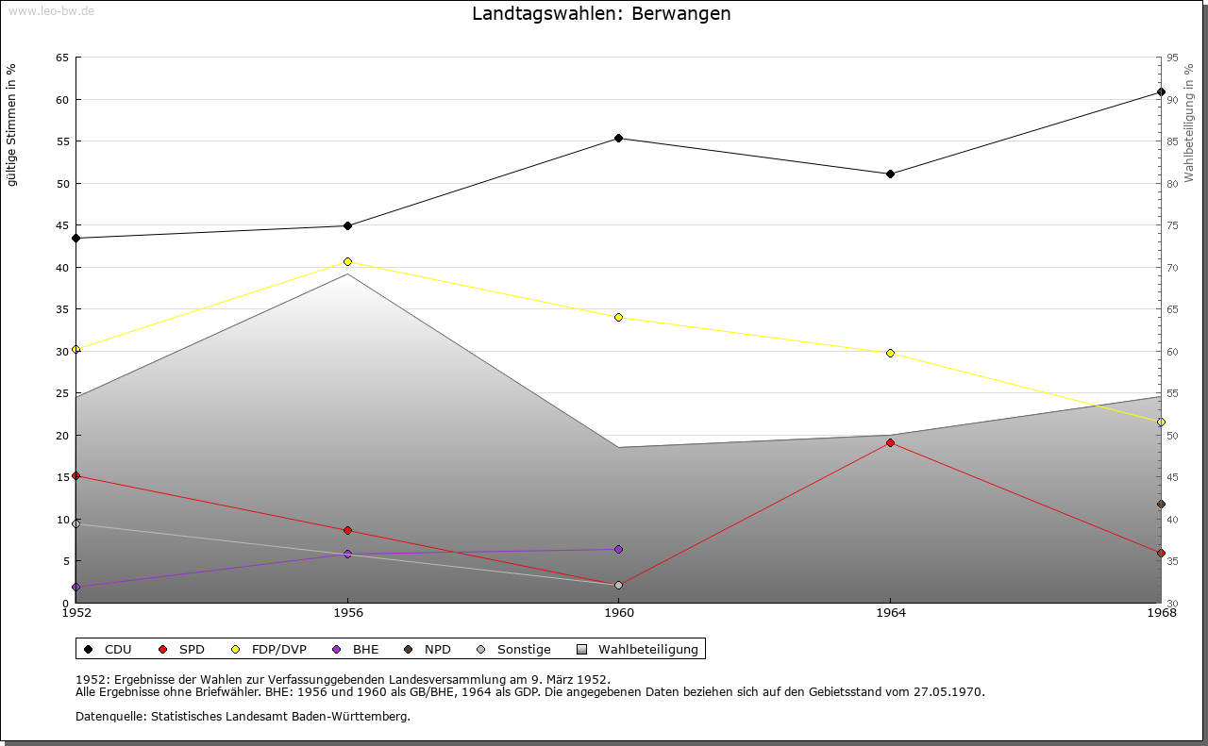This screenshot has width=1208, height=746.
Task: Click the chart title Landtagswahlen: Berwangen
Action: [601, 14]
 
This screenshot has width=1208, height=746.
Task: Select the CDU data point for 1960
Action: [619, 139]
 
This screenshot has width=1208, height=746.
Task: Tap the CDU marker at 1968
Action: [1161, 92]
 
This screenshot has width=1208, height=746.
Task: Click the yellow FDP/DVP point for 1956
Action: [347, 262]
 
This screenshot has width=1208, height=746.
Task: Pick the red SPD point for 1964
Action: [890, 443]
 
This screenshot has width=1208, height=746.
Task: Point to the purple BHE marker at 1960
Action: [619, 550]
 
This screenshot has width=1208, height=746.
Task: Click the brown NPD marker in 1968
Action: [1161, 505]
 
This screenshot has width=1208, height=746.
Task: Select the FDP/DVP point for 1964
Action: [890, 354]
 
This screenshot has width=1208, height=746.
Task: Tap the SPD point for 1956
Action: [347, 531]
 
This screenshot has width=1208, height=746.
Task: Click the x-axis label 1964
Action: [890, 614]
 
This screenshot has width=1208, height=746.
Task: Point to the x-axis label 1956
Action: [347, 614]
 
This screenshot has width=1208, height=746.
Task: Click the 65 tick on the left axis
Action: [62, 58]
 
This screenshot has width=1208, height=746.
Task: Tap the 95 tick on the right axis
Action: [1172, 58]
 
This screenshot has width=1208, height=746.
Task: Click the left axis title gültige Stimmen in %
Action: [12, 124]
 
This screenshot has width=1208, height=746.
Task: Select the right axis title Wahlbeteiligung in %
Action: [1189, 123]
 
